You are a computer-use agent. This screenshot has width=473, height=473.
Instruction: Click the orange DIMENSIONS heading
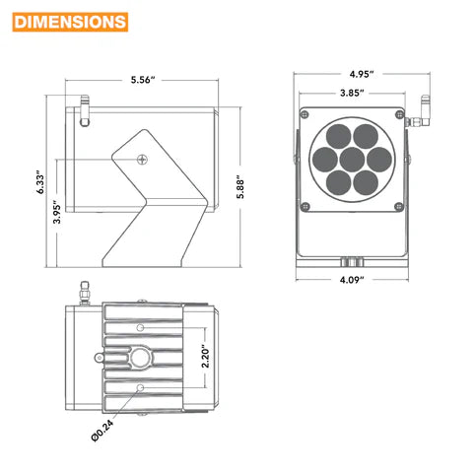[x=70, y=22]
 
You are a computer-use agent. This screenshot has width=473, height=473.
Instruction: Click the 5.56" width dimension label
[x=143, y=80]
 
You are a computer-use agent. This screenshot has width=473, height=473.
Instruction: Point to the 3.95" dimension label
[x=57, y=212]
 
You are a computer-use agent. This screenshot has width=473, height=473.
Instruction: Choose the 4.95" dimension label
[x=362, y=74]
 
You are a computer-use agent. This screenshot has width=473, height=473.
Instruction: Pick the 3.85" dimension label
[x=352, y=93]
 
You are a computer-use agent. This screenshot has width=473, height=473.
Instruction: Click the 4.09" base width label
[x=352, y=280]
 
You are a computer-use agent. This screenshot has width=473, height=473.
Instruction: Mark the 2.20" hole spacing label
[x=205, y=356]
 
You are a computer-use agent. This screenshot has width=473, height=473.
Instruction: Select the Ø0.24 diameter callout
[x=102, y=431]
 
